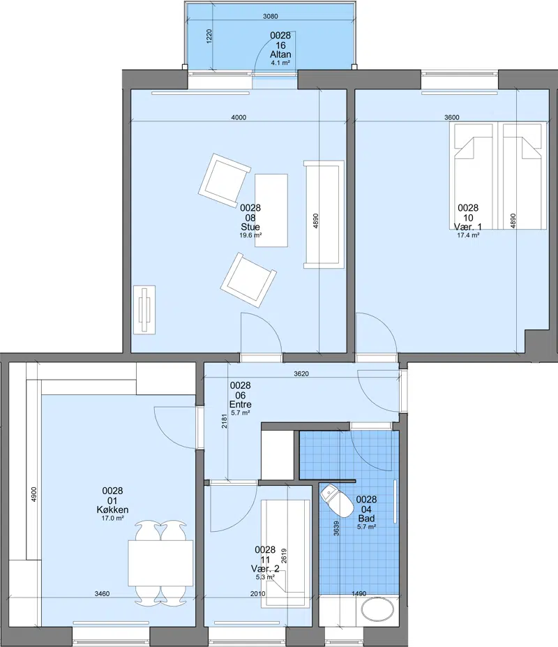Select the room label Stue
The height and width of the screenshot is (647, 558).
pos(250,227)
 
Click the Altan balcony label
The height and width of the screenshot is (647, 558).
pos(280,54)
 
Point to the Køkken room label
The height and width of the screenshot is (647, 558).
pos(112,510)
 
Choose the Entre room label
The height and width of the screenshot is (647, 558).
pos(241,404)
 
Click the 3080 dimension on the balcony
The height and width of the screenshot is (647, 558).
pos(271,17)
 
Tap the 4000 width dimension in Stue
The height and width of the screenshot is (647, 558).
pos(239,117)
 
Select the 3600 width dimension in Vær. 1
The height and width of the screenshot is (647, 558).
pos(452,117)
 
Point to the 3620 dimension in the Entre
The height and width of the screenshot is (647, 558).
pos(301,374)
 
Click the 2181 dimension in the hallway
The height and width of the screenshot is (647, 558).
pos(225,421)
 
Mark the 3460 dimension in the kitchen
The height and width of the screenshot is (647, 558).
pos(103,594)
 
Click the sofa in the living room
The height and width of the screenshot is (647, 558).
pos(324,214)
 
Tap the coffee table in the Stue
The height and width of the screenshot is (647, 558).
pos(271,211)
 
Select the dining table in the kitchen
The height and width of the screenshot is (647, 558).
pos(160,563)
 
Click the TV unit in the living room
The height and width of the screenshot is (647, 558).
pos(144,310)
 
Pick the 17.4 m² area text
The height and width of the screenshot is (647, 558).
pos(468,236)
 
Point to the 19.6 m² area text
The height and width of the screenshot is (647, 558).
pos(250,236)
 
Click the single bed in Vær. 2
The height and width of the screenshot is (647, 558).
pos(285,553)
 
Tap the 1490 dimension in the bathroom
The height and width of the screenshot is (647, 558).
pos(359,594)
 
